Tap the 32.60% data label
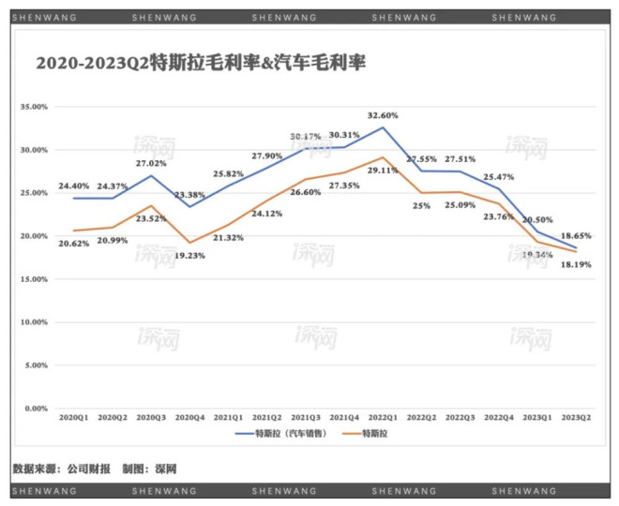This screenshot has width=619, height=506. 382,115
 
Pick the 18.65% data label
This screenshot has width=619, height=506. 574,237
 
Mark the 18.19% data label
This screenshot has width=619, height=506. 573,265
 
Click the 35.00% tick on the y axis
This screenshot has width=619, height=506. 34,107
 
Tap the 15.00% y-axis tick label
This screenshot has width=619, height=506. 34,279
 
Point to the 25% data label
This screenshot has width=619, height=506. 422,206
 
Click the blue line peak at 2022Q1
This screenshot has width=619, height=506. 382,126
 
